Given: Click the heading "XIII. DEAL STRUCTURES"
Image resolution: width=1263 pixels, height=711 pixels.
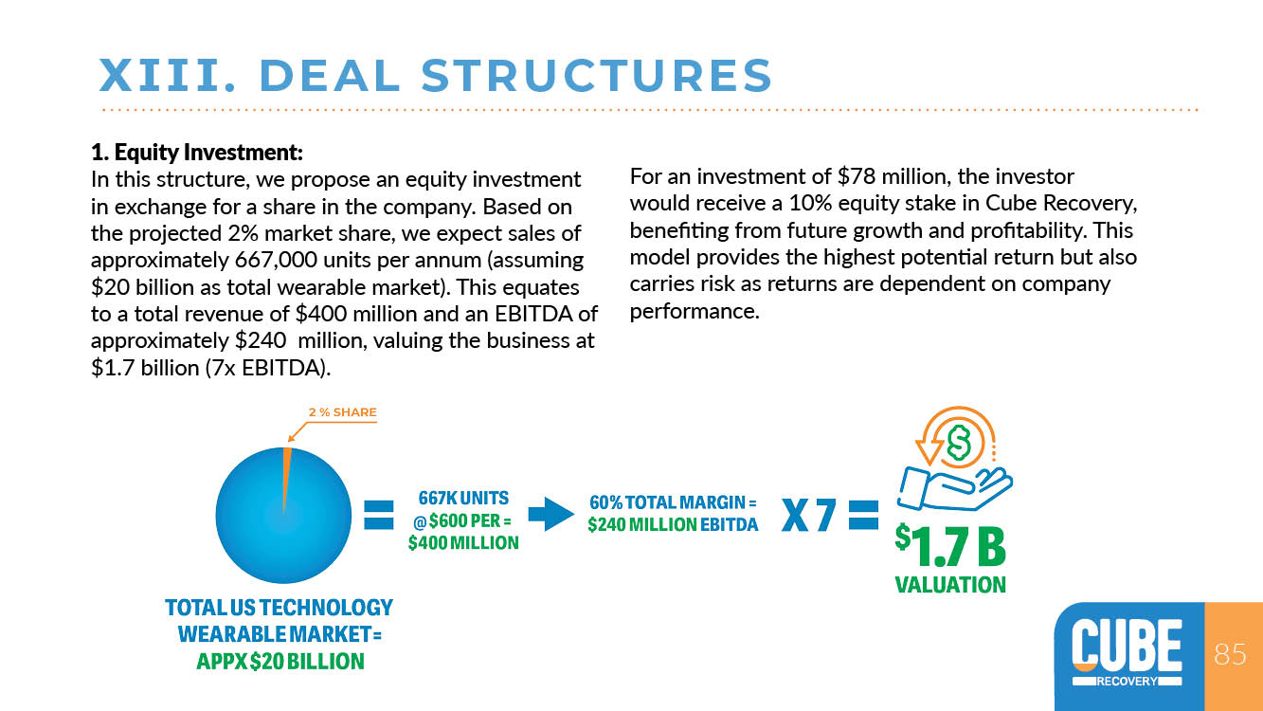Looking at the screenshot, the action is (435, 75).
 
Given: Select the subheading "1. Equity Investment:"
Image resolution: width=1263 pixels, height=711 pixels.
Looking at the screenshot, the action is (197, 152).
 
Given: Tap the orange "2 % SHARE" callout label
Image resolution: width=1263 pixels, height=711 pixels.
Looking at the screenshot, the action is (342, 412).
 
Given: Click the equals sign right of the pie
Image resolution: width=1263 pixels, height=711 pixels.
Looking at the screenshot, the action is (378, 515).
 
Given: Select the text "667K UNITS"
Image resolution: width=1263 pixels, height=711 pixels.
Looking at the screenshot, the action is (463, 499).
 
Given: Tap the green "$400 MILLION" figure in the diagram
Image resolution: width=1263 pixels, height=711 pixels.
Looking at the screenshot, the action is (463, 543).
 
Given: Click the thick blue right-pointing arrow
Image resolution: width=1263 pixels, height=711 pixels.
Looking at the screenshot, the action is (550, 514).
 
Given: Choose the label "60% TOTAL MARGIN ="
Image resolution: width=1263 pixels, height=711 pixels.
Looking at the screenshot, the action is (673, 502).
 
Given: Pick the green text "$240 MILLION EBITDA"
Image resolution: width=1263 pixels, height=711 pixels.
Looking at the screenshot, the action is (673, 525).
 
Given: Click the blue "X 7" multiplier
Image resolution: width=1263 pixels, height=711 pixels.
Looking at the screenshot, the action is (808, 515).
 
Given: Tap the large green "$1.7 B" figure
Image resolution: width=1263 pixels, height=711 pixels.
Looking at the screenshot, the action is (950, 545).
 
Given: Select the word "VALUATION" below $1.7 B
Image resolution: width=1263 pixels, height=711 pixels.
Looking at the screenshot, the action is (950, 585).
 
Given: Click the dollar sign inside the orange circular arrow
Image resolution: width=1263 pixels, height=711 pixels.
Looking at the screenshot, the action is (958, 443).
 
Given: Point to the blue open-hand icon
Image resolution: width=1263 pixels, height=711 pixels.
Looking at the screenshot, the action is (954, 488).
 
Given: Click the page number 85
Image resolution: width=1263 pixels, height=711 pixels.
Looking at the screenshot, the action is (1230, 654).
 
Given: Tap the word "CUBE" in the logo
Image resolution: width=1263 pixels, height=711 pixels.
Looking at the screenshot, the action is (1127, 645).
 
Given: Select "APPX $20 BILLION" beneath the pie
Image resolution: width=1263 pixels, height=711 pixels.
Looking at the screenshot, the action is (280, 662).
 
